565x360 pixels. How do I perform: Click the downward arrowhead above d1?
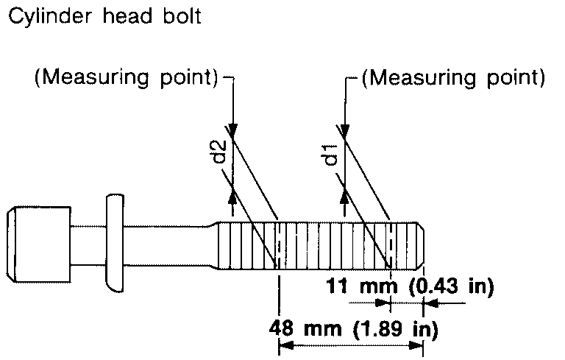[x=344, y=129]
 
